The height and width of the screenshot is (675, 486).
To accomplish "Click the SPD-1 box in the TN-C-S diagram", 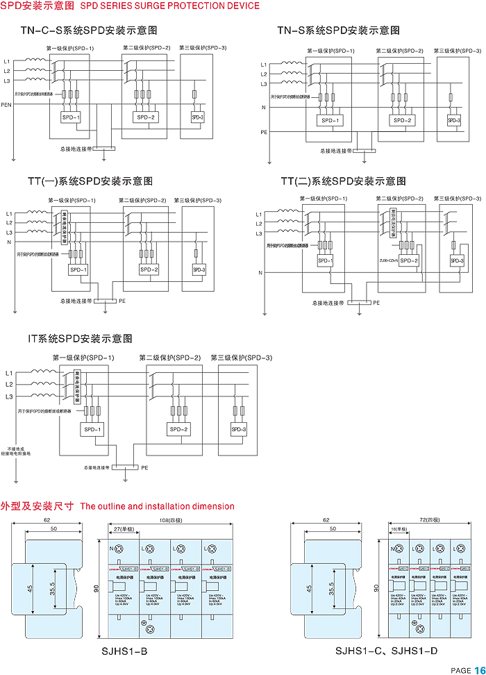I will click(71, 117).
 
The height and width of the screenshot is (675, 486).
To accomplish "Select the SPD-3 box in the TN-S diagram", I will click(454, 121).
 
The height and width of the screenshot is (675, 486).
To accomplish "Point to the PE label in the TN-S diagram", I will click(264, 132).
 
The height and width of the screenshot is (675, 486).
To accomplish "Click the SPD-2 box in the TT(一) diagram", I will click(149, 269).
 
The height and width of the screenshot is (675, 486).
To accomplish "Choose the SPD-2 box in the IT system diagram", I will click(179, 430).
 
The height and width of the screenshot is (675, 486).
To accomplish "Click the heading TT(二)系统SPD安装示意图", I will click(343, 181).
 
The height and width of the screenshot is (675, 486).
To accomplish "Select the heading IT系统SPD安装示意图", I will click(80, 339).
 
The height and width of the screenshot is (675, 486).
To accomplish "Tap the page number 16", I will click(480, 669).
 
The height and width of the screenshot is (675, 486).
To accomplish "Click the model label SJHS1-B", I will click(125, 651).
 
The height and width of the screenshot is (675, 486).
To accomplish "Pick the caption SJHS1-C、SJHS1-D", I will click(385, 651).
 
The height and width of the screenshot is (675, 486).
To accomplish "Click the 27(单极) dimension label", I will click(124, 530).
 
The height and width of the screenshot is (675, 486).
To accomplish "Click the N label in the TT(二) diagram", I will click(261, 273).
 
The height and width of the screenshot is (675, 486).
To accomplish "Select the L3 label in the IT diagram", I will click(9, 397).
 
